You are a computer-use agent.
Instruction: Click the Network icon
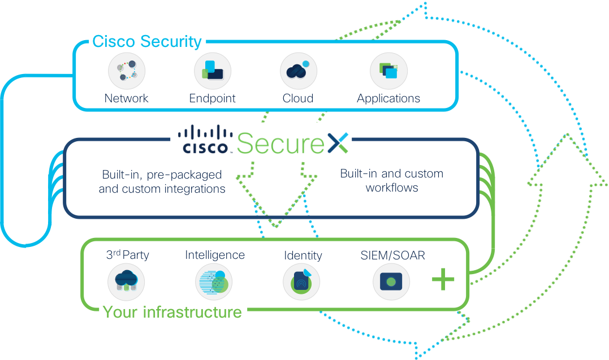(127, 72)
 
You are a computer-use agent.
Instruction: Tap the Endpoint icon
(213, 72)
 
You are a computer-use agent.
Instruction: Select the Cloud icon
(298, 72)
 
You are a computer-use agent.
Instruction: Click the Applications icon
(388, 72)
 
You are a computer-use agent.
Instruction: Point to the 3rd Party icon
(126, 281)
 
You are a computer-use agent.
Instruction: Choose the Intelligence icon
(214, 281)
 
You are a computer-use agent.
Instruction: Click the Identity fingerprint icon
(301, 281)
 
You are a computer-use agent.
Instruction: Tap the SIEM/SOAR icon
(391, 281)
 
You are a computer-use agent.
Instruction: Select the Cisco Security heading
(146, 41)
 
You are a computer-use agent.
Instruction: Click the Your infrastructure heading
(172, 312)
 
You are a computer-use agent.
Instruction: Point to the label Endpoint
(212, 98)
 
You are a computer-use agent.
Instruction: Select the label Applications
(388, 98)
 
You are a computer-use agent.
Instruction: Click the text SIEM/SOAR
(392, 255)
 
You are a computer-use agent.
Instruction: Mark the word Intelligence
(215, 255)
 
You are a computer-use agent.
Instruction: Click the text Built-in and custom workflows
(391, 180)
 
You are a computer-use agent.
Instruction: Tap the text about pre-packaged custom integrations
(162, 181)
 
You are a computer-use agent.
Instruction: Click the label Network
(127, 98)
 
